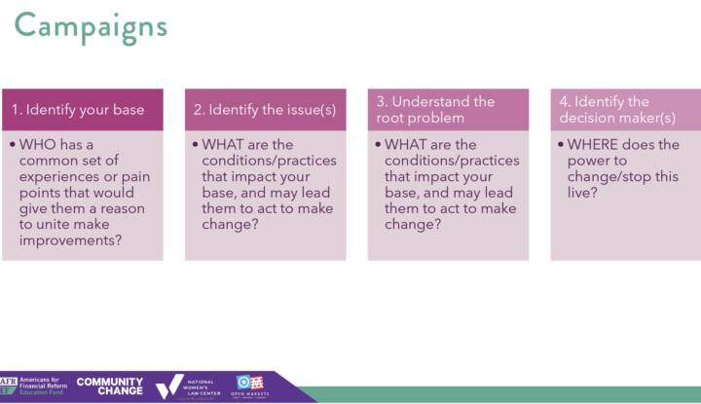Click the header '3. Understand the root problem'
pos(435,109)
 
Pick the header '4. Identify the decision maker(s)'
pos(617,109)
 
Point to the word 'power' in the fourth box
pos(588,161)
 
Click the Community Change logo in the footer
pos(109,386)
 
